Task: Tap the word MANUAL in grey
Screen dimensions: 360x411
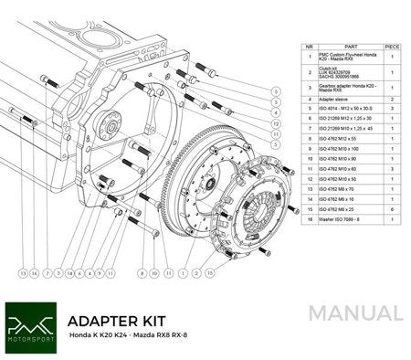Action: pyautogui.click(x=355, y=313)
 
